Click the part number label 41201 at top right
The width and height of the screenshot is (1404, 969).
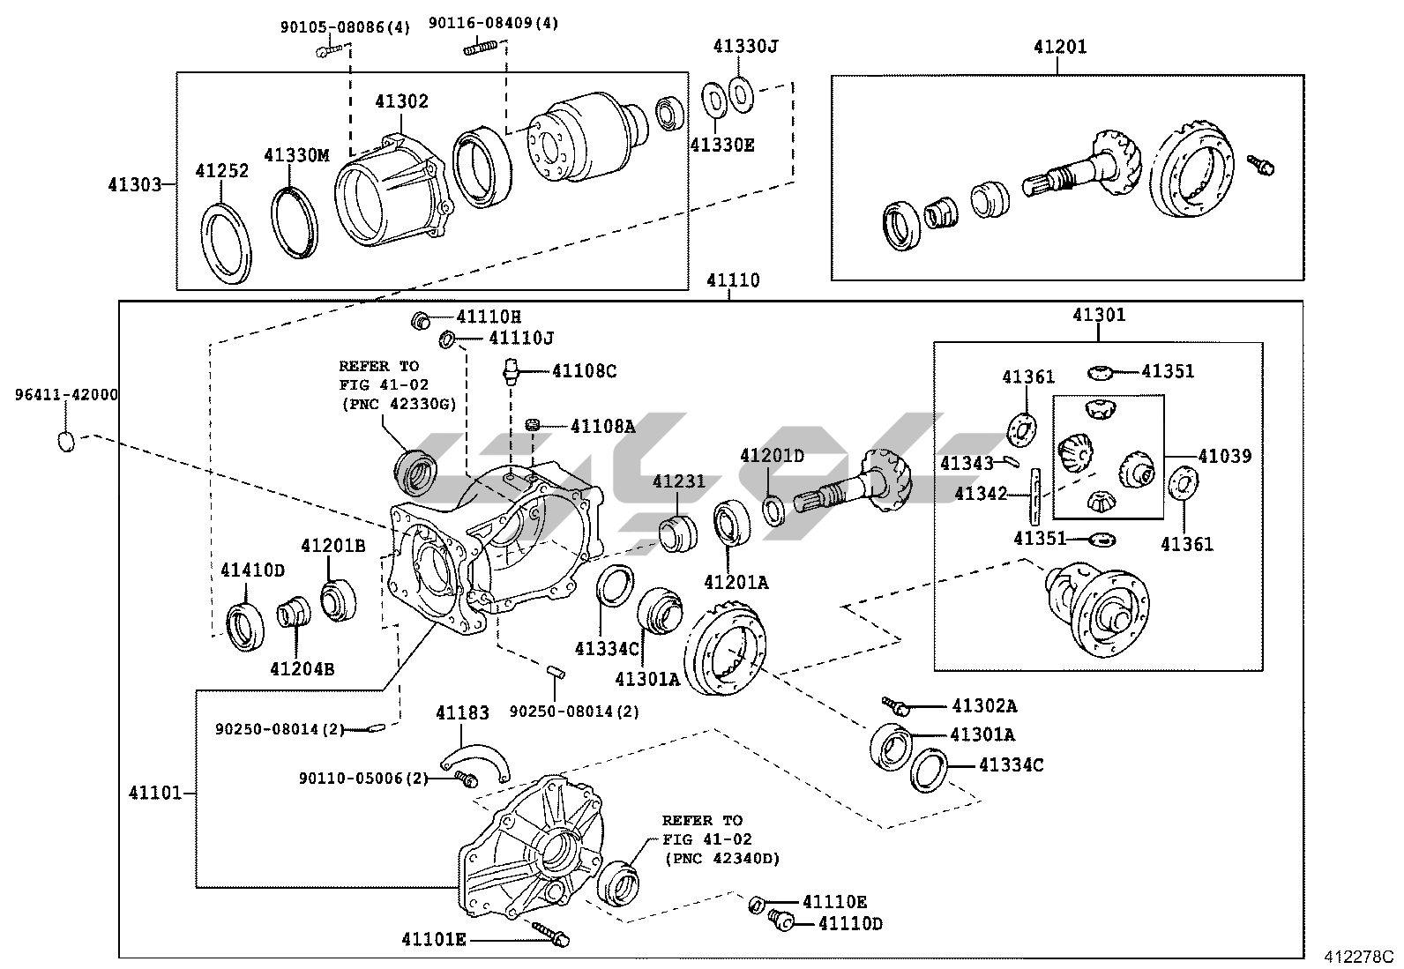pyautogui.click(x=1060, y=47)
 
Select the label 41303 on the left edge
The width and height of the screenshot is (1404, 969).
pyautogui.click(x=135, y=184)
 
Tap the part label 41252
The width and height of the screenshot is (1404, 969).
pyautogui.click(x=221, y=171)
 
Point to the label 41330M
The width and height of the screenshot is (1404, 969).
pyautogui.click(x=295, y=156)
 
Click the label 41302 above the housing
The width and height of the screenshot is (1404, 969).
pyautogui.click(x=401, y=101)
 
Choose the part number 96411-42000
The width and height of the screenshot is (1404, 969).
pyautogui.click(x=66, y=395)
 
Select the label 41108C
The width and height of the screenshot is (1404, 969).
pyautogui.click(x=584, y=371)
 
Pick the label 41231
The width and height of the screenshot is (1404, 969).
pyautogui.click(x=679, y=481)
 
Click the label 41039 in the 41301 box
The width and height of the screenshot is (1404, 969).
pyautogui.click(x=1224, y=457)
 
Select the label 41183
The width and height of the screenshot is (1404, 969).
pyautogui.click(x=461, y=712)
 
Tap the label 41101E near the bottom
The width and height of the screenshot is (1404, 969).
pyautogui.click(x=433, y=939)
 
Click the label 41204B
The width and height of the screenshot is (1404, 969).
pyautogui.click(x=302, y=669)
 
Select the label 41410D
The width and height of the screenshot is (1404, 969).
pyautogui.click(x=252, y=570)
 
